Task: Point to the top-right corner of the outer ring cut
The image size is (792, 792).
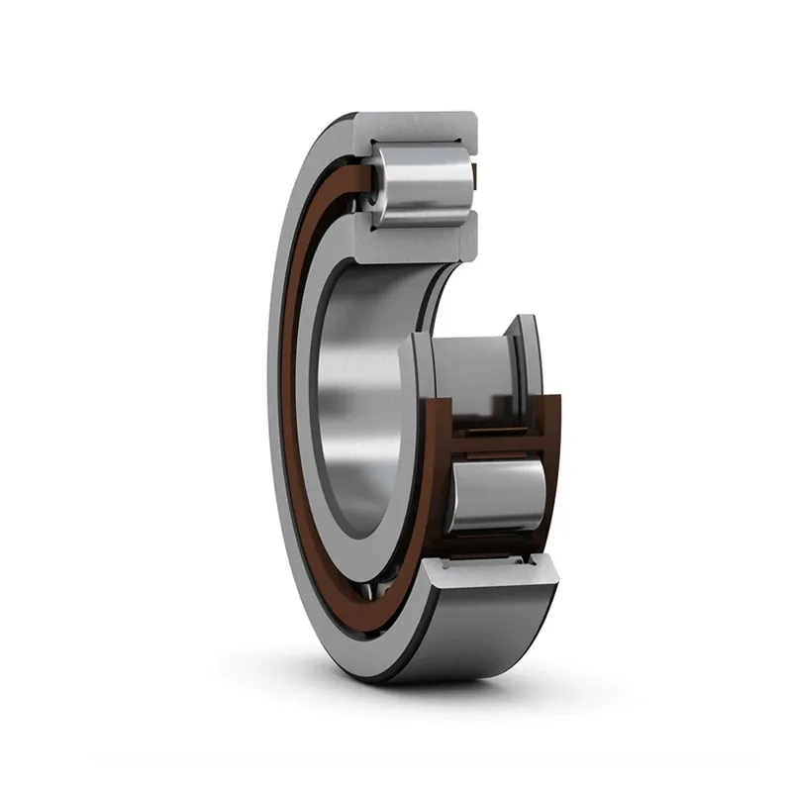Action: click(x=473, y=118)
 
